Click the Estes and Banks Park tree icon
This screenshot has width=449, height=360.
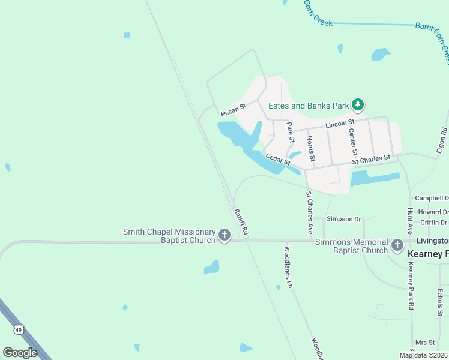point(358,106)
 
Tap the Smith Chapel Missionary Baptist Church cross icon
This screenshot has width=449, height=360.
point(224,235)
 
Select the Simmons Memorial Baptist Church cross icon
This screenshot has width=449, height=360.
point(397,245)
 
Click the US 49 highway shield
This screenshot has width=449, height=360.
point(19,329)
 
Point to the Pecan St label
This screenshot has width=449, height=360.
point(233,110)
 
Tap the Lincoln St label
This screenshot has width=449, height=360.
point(340,124)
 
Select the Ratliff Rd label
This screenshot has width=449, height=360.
point(241,220)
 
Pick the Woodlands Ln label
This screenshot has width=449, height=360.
point(288,267)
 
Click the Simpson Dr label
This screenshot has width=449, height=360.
point(343,219)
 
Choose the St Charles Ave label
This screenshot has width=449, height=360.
point(310,212)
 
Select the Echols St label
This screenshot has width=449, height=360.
point(440,302)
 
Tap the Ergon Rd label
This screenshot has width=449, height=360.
point(444,139)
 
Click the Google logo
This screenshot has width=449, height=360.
point(20,353)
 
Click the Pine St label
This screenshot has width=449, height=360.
point(291,132)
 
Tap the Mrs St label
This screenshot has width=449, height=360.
point(424,342)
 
